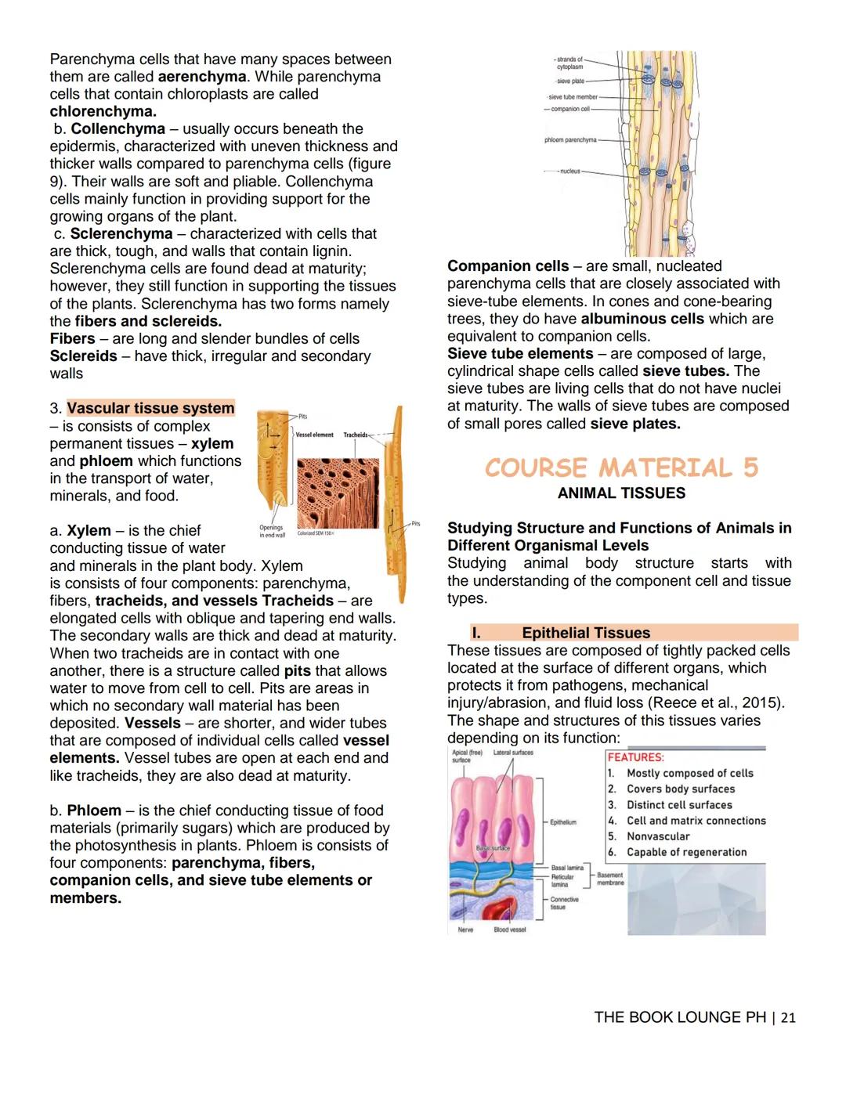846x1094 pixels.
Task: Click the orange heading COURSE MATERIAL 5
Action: (621, 468)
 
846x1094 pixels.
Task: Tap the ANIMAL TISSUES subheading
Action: (621, 493)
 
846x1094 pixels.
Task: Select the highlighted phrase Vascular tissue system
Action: (150, 408)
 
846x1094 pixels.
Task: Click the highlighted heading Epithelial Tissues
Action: (586, 633)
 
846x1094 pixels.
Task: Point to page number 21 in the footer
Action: (788, 1017)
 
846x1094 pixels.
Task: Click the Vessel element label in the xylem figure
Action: (314, 435)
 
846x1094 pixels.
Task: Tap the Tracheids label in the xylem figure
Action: (355, 435)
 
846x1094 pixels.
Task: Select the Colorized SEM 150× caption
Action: (316, 533)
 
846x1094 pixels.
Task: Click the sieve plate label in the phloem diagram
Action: (570, 81)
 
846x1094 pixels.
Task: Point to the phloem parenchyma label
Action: (570, 140)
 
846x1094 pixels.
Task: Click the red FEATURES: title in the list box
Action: (635, 757)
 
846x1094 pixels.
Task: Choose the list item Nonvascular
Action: (658, 836)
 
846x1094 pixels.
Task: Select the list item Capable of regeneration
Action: (686, 852)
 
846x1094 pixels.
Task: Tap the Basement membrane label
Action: (610, 879)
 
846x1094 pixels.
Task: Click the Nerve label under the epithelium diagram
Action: (465, 930)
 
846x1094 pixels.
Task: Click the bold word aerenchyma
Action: (202, 77)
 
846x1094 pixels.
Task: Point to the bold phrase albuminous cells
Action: (642, 319)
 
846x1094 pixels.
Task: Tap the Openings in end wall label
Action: (272, 531)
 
